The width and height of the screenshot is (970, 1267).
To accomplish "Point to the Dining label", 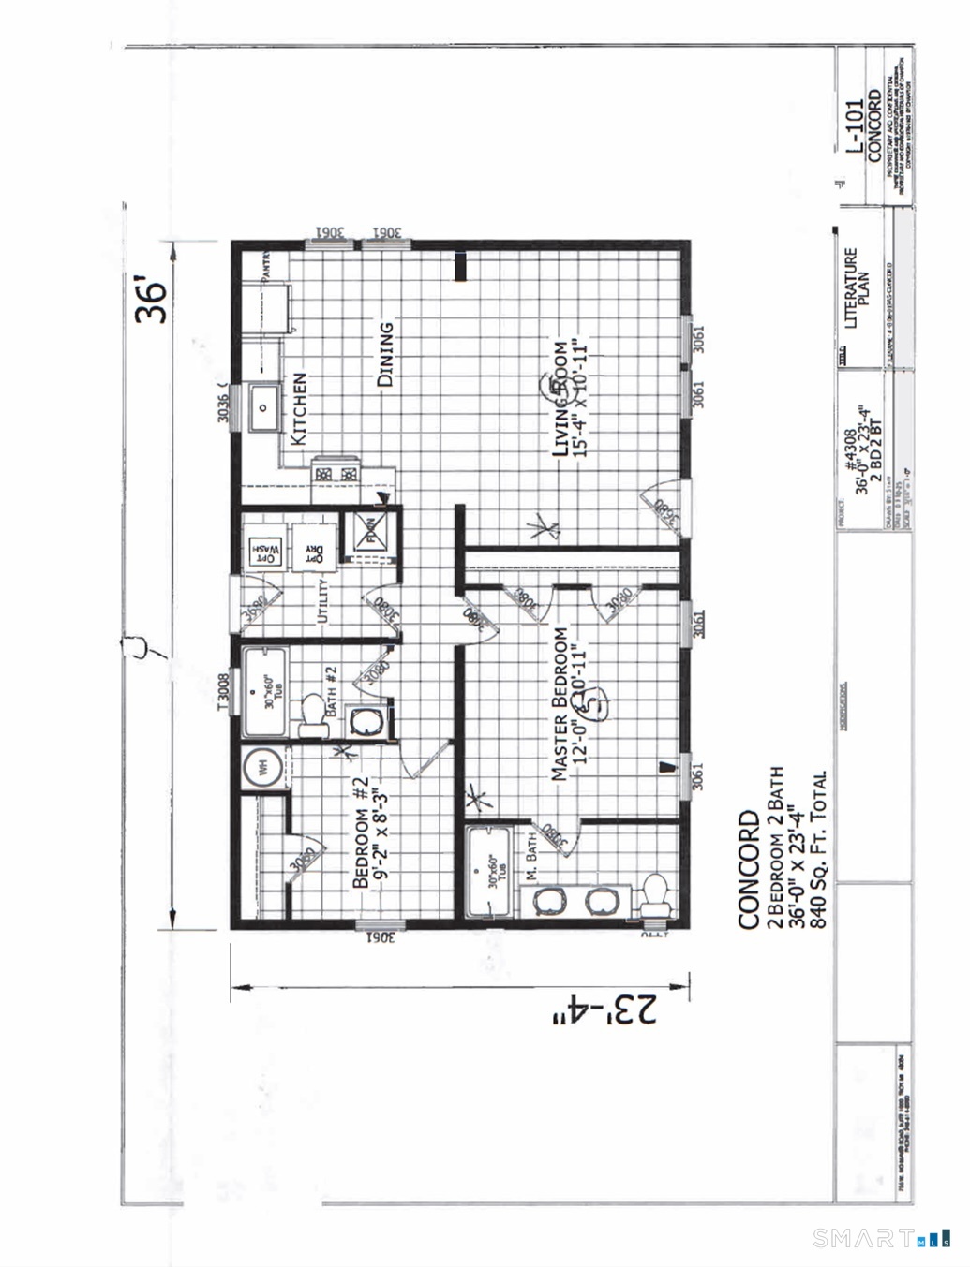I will pos(385,354).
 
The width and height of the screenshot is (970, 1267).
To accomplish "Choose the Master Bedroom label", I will pos(569,703).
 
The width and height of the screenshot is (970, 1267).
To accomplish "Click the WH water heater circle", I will pos(262,770).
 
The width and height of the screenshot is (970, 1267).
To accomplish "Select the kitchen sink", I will pos(262,407).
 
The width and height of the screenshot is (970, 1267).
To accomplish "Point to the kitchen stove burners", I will pos(336,473).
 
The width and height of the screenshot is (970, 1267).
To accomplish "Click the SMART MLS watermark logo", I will pos(881,1238).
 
